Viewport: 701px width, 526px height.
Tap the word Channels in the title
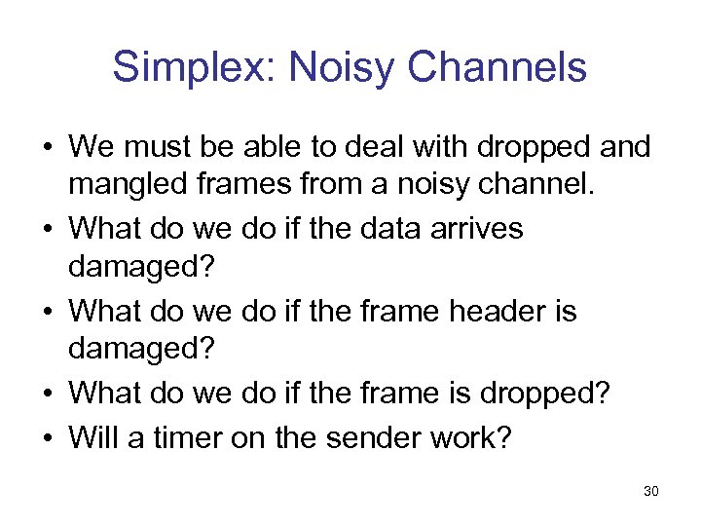coord(498,67)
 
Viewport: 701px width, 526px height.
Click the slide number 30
coord(651,491)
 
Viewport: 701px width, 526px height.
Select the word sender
coord(373,436)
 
